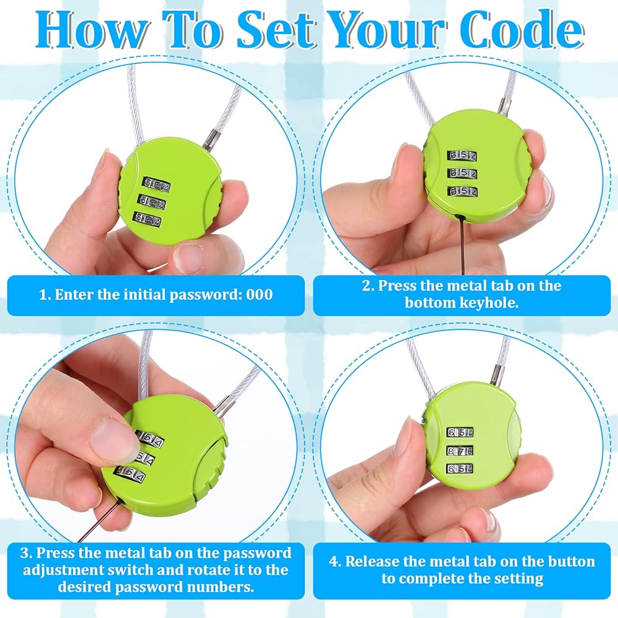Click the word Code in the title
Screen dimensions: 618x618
(522, 30)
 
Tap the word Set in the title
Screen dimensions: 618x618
(276, 30)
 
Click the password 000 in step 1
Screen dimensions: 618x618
(260, 294)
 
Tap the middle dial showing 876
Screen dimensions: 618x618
(460, 451)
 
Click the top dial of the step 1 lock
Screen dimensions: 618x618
(157, 184)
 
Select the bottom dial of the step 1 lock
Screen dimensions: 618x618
(148, 219)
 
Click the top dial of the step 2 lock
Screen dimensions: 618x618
(462, 155)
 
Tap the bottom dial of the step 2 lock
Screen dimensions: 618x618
(462, 191)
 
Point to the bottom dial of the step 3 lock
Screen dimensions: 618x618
(129, 474)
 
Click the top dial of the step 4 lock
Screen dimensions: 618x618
(460, 432)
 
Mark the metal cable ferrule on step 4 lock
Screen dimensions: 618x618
(497, 375)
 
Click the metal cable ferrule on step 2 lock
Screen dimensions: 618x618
(503, 106)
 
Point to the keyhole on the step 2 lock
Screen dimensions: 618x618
(458, 216)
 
